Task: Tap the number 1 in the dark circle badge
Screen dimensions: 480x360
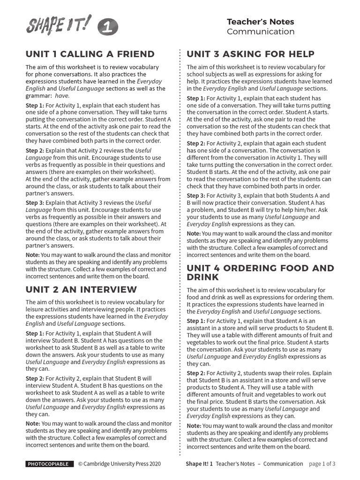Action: click(x=108, y=29)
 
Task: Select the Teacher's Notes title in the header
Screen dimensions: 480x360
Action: click(x=260, y=22)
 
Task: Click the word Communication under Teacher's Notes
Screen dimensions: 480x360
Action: click(x=260, y=32)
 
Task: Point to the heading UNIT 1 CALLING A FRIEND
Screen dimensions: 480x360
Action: click(x=90, y=54)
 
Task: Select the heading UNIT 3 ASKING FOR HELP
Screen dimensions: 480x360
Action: click(x=250, y=54)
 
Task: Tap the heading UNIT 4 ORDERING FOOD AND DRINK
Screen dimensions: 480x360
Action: click(x=260, y=272)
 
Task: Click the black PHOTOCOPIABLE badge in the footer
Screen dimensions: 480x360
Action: click(x=49, y=464)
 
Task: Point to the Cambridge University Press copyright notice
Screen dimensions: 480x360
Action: click(x=119, y=464)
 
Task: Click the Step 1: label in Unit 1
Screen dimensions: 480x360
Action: click(x=35, y=105)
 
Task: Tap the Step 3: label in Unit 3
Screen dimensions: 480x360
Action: click(x=196, y=195)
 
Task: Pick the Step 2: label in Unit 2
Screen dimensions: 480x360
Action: click(x=35, y=378)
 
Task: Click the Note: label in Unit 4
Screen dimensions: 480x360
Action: click(x=194, y=426)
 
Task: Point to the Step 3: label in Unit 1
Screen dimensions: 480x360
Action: click(x=35, y=202)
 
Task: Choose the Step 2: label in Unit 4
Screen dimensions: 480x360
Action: click(x=196, y=373)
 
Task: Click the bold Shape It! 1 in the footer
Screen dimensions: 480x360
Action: click(x=199, y=464)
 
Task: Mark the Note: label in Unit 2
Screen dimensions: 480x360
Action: click(x=33, y=423)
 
